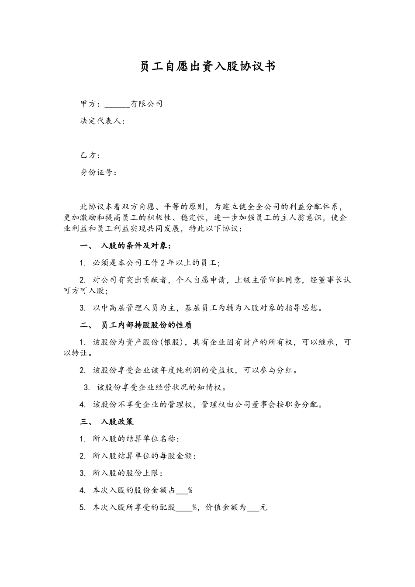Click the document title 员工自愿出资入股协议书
pos(207,66)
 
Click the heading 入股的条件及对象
pos(134,246)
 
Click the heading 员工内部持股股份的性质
pos(146,325)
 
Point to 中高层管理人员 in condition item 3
pos(131,308)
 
